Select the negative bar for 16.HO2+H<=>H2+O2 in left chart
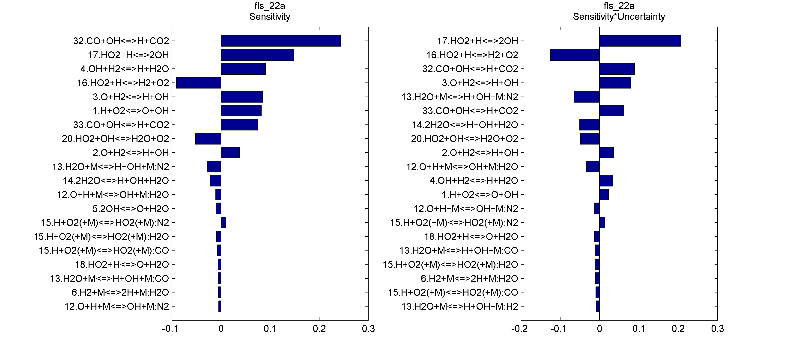point(199,83)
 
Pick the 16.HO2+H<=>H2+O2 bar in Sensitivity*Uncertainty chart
point(575,55)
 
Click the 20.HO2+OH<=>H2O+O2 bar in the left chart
point(208,139)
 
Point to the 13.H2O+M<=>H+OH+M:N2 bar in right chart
point(586,97)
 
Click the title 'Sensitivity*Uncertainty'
point(619,17)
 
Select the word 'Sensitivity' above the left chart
point(270,17)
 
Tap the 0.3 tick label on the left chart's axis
point(368,329)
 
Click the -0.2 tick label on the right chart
point(520,329)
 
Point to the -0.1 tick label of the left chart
point(170,329)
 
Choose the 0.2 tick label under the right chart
point(678,329)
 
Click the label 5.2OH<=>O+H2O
point(131,209)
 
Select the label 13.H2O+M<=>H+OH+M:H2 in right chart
point(460,307)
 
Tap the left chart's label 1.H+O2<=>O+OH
point(131,111)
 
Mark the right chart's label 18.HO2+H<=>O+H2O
point(471,237)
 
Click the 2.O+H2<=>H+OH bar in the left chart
point(230,153)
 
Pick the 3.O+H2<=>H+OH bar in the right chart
point(615,83)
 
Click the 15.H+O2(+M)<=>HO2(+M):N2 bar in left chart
point(224,222)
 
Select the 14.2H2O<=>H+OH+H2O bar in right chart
point(589,125)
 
